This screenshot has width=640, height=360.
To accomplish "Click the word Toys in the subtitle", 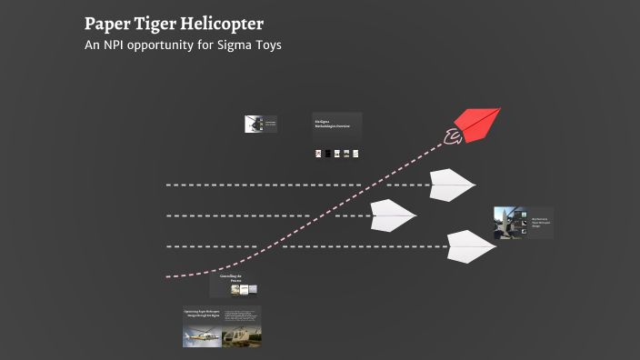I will pos(268,45).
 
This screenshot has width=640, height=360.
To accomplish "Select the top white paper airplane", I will pos(452,185).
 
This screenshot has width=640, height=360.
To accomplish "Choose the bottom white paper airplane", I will pos(471,245).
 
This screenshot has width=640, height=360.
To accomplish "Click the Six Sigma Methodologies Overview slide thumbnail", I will pos(336,125).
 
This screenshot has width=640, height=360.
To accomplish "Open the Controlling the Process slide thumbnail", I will pos(233,285).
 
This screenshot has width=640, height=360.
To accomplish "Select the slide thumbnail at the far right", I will pos(523,223).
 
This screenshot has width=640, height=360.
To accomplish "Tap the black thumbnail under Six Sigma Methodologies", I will pos(327,154).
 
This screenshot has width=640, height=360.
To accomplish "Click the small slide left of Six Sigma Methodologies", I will pos(260,124).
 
